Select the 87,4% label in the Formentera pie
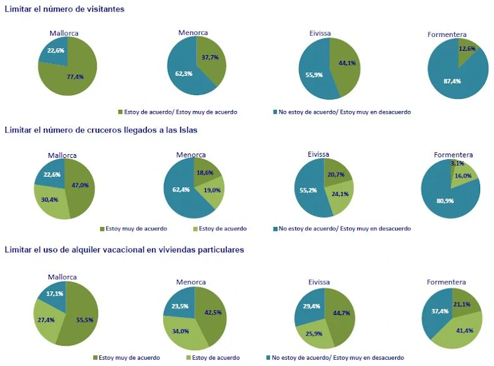[452, 81]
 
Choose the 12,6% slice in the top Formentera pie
[467, 49]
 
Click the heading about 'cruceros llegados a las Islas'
[101, 130]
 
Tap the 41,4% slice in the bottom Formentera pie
[459, 330]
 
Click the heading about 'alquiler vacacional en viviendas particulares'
[124, 250]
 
